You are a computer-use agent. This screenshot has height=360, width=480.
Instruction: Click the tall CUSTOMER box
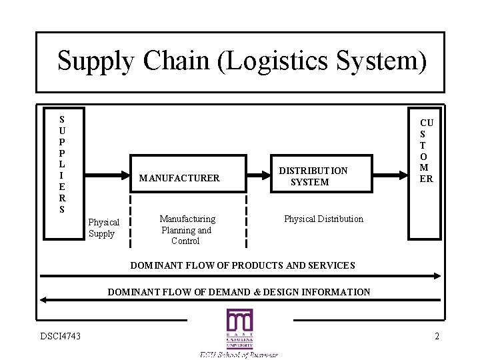(x=425, y=173)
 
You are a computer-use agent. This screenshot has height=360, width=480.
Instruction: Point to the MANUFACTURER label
(x=179, y=178)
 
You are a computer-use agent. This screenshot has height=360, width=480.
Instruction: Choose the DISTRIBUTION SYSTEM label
(x=313, y=176)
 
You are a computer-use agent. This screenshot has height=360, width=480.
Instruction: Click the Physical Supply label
(x=103, y=228)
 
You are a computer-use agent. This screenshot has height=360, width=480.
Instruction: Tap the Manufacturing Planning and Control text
(x=187, y=230)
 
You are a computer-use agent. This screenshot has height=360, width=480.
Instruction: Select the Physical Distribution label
(x=323, y=219)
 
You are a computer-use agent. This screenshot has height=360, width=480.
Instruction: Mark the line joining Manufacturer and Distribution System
(x=245, y=176)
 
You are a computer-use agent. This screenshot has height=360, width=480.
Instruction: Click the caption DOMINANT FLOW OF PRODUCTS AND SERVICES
(x=243, y=265)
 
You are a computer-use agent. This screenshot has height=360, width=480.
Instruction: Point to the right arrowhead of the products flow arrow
(x=437, y=275)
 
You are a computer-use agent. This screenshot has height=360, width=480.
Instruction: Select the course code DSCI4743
(x=60, y=336)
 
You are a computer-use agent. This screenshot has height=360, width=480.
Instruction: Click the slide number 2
(x=437, y=336)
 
